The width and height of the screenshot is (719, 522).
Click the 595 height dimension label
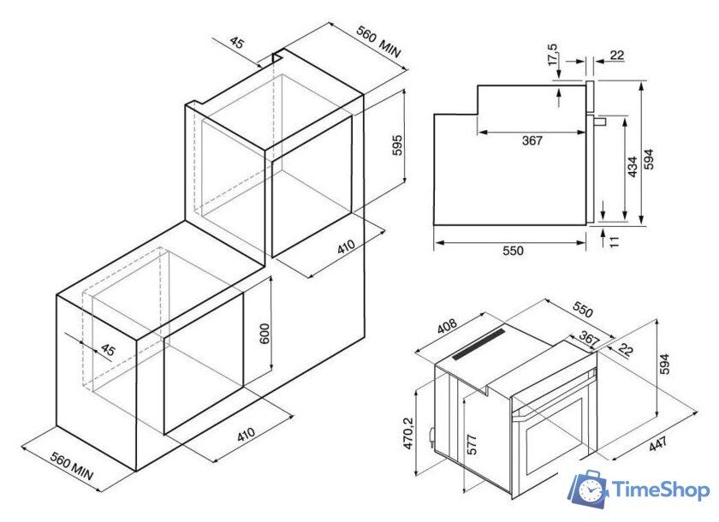pos(397,145)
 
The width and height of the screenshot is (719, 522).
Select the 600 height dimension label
pos(264,334)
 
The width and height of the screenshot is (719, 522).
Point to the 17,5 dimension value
pos(553,55)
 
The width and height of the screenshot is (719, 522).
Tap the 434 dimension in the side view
pos(633,167)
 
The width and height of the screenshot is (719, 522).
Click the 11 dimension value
pos(614,241)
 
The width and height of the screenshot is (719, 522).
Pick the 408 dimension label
pos(447,326)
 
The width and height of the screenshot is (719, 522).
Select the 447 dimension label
pos(658,444)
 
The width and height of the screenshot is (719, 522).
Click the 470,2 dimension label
pos(408,433)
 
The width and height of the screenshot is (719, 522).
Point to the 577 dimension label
pos(472,444)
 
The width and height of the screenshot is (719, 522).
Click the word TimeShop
pos(661,490)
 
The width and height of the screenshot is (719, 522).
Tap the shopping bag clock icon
pos(589,489)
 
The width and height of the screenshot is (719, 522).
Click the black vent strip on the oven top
pos(478,344)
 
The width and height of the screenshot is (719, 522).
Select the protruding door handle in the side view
pos(600,122)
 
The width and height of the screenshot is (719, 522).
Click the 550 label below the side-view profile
pos(513,251)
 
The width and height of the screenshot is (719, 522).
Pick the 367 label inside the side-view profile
pos(532,140)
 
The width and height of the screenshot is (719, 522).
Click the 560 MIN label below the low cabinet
pos(72,467)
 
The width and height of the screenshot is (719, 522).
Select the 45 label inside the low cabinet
pos(107,350)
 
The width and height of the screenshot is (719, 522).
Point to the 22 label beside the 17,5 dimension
pos(617,56)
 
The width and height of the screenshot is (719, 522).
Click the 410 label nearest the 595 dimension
pos(346,247)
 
